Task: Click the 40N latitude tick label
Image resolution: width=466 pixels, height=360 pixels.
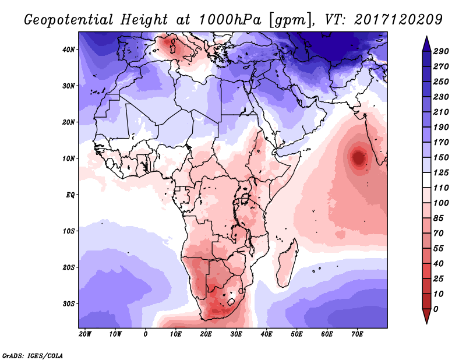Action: [x=69, y=50]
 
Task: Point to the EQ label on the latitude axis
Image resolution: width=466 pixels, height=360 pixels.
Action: [x=70, y=195]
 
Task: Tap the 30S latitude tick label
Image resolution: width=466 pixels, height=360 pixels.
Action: [x=69, y=303]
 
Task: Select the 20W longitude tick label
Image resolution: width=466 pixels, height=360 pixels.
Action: [x=85, y=334]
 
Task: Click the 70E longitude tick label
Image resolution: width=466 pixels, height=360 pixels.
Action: [x=358, y=334]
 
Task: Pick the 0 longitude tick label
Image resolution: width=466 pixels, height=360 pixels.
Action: [x=146, y=334]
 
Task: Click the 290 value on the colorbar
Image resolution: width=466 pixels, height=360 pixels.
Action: [x=440, y=52]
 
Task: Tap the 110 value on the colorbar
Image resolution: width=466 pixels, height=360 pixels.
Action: [x=440, y=188]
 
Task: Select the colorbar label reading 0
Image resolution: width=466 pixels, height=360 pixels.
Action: [x=436, y=308]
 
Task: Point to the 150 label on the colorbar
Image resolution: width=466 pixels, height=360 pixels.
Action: [x=440, y=157]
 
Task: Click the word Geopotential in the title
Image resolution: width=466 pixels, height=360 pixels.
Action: [x=68, y=19]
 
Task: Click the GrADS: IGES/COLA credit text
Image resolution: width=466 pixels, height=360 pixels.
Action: [x=32, y=354]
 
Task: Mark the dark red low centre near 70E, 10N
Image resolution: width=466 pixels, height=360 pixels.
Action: [x=358, y=157]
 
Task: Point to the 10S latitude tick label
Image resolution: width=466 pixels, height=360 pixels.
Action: [x=69, y=231]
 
